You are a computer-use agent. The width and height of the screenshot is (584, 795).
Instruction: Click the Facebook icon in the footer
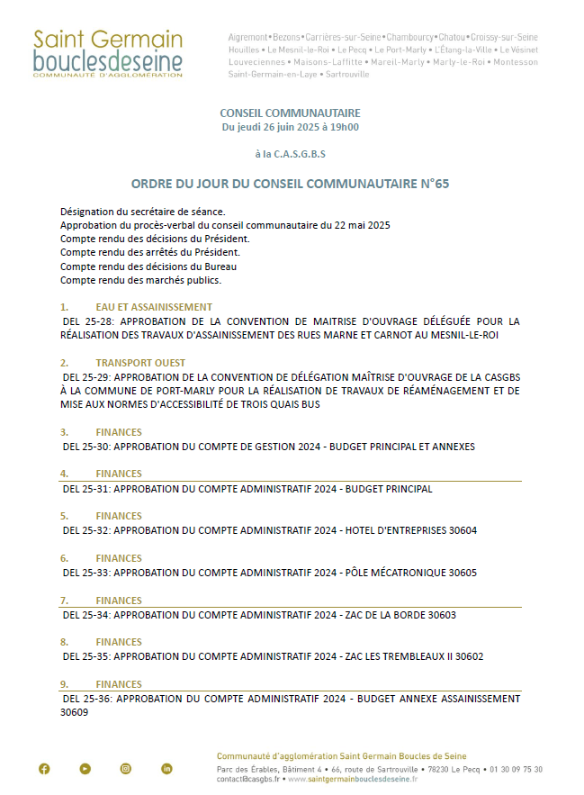pos(44,768)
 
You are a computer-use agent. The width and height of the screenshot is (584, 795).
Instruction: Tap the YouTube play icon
pos(85,768)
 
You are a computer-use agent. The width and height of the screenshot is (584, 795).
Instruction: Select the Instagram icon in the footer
pos(126,768)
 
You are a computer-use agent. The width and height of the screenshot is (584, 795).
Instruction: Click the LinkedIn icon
pos(167,768)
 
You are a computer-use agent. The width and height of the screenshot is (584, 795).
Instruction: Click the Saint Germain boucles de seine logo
pos(107,53)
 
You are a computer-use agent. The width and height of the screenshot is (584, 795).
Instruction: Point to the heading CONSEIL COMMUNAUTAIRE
pos(290,113)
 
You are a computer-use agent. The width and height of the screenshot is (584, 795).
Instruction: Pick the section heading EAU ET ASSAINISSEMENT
pos(154,307)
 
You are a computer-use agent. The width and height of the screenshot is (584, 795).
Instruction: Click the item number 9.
pos(64,684)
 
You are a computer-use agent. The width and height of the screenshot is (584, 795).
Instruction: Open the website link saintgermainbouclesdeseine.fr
pos(352,780)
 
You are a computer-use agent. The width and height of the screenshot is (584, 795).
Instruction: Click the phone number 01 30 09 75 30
pos(516,770)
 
